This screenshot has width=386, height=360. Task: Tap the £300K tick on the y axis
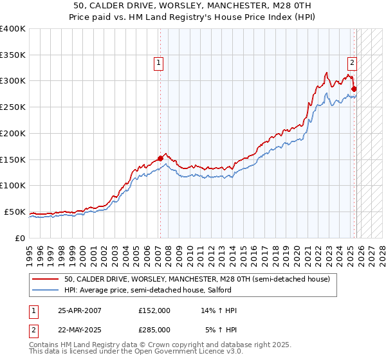pos(13,81)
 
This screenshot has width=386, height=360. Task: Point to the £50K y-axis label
pos(15,212)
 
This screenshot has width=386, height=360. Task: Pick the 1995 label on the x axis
pos(30,251)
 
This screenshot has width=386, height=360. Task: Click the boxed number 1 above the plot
pos(158,62)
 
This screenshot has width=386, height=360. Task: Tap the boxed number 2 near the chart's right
pos(353,62)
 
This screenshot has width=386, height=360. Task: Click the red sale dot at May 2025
pos(354,89)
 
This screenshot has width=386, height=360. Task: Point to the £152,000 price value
pos(154,310)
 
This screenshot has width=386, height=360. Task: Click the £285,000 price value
pos(154,329)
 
